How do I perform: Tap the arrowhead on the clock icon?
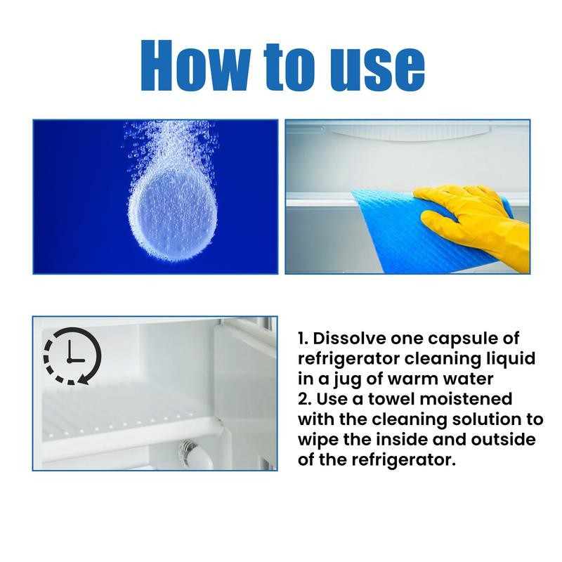pos(83,380)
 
